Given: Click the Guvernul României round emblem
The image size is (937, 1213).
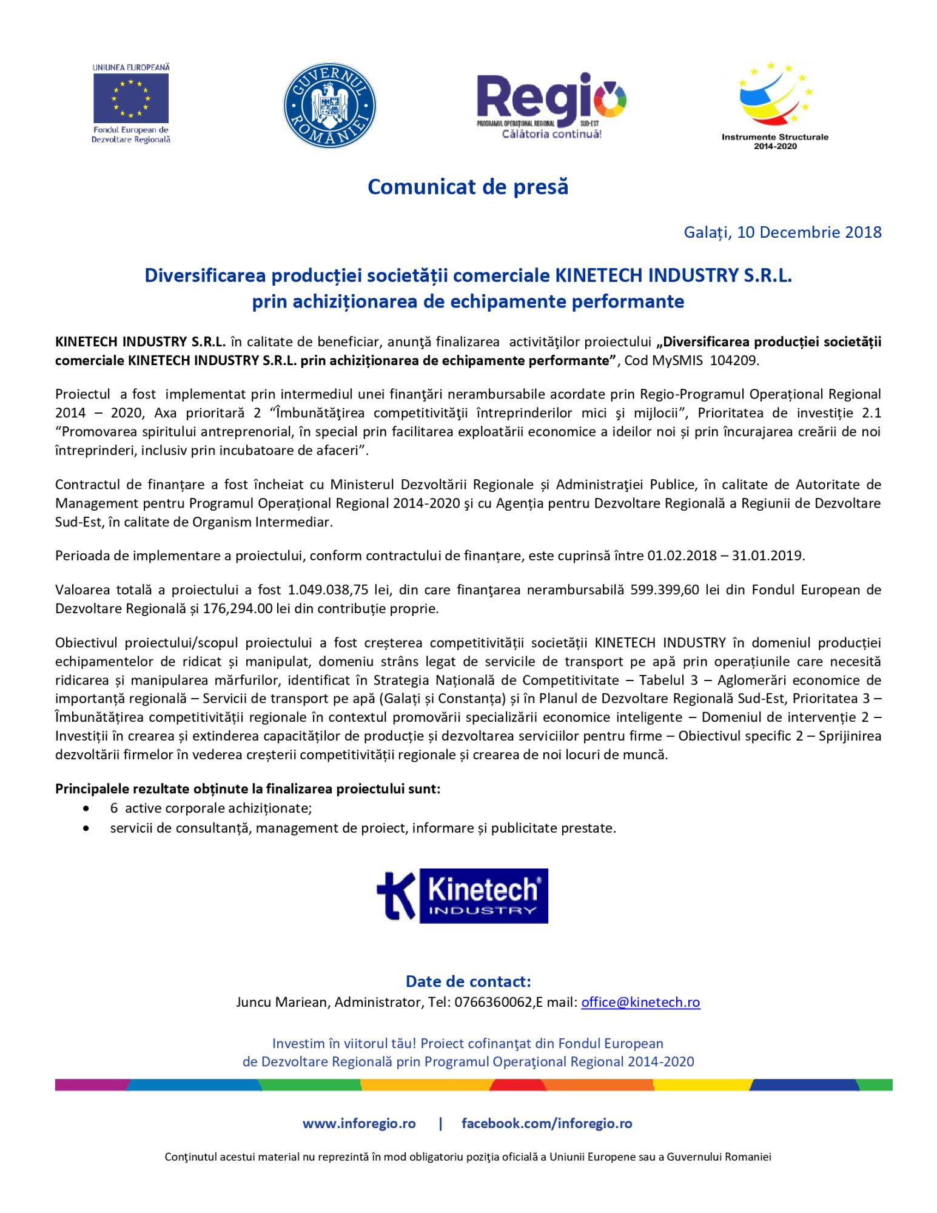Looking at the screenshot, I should coord(330,106).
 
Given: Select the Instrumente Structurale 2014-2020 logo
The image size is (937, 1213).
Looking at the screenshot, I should coord(774,106).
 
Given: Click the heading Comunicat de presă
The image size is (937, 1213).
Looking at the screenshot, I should coord(468,187).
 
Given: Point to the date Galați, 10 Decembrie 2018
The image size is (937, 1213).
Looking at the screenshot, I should coord(782,232).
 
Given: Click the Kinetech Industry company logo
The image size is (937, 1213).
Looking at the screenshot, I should coord(462,896).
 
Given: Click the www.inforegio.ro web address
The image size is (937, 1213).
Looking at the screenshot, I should coord(359,1123).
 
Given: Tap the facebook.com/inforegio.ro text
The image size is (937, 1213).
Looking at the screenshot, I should coord(546,1123).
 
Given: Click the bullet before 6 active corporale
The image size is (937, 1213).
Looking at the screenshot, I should coord(87,809).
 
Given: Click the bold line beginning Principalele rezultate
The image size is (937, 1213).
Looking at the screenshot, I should coord(247,789).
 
